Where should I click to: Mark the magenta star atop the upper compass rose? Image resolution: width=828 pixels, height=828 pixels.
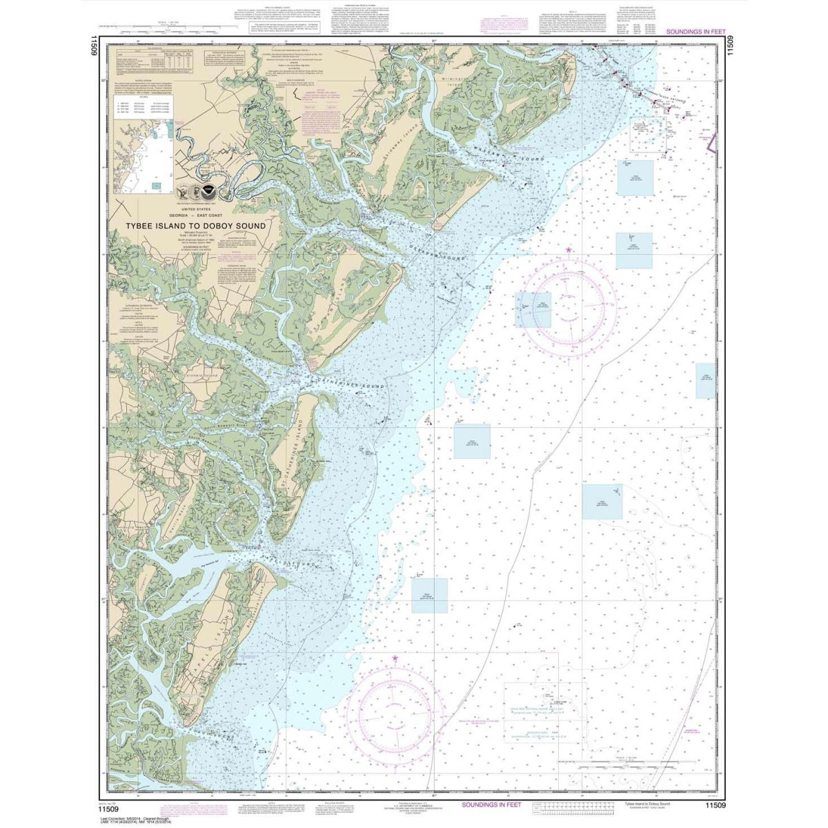[569, 249]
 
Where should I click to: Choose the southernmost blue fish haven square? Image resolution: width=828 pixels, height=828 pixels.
[429, 595]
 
